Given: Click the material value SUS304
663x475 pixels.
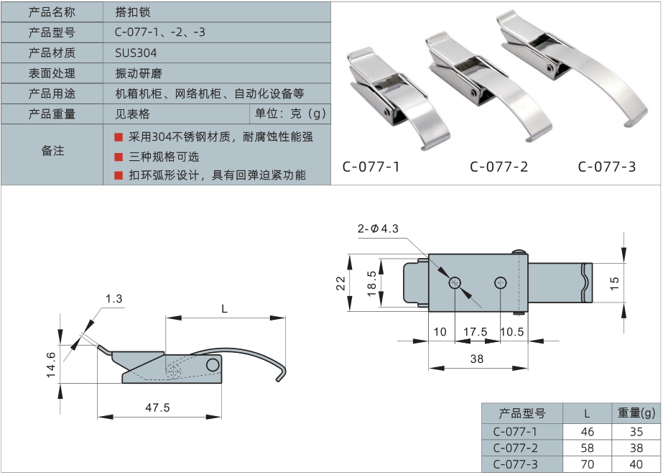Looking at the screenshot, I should (136, 53).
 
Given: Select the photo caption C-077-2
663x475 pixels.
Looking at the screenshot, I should (499, 167).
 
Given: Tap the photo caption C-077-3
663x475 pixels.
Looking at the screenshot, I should (607, 167).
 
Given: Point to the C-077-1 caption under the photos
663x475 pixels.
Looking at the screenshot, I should (371, 167).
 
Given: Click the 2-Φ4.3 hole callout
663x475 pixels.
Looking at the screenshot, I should (378, 229).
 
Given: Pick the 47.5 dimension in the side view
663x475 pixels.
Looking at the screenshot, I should (157, 407).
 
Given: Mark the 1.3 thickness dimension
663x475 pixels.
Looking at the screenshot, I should (113, 298).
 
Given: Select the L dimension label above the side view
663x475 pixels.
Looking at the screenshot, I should (224, 309).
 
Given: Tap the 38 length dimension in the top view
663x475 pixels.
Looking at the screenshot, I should (476, 358).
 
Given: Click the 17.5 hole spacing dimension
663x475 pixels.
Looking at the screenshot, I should (476, 331).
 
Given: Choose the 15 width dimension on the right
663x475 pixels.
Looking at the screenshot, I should (613, 282).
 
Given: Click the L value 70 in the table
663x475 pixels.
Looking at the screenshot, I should (587, 464).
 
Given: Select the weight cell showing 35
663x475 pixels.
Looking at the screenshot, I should (636, 432).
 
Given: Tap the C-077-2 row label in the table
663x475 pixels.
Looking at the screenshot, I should (515, 448).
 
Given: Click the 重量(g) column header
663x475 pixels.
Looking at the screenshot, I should (636, 413).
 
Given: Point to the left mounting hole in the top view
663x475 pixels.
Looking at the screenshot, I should (455, 283).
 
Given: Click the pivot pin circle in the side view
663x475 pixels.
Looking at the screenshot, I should (212, 365).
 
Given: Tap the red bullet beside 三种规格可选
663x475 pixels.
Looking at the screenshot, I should (119, 157).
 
